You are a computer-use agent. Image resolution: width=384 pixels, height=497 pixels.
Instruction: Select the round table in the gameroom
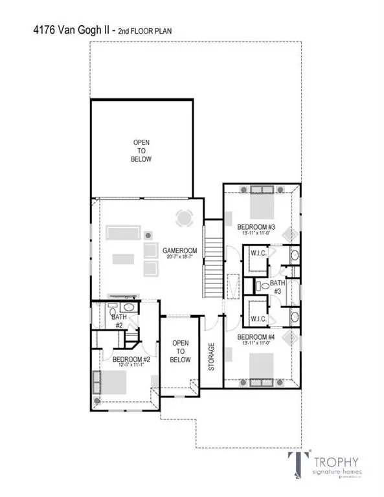(185, 218)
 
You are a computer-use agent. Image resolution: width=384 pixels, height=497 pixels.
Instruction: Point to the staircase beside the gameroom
(212, 258)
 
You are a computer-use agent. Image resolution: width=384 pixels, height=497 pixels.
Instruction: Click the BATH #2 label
(119, 321)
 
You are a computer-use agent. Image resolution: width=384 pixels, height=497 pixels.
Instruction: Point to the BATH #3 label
(277, 287)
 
